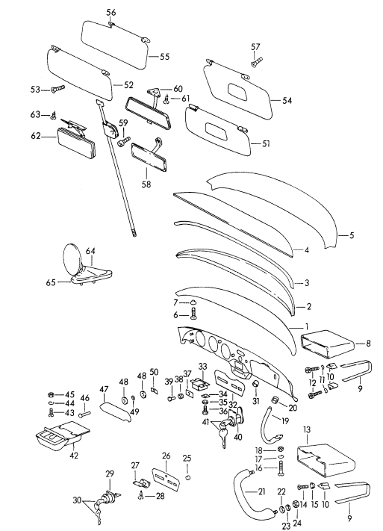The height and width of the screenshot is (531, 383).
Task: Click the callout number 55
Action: pos(164,56)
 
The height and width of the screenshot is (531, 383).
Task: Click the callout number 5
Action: pos(351,235)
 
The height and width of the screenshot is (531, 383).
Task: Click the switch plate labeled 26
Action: pos(166,478)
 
